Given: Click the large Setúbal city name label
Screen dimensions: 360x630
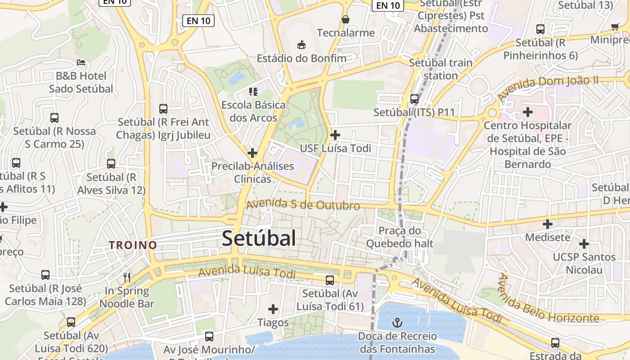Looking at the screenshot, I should [x=259, y=238].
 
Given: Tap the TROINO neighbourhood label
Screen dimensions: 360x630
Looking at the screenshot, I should [x=133, y=245].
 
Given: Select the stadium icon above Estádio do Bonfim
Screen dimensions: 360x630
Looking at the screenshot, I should [x=301, y=45].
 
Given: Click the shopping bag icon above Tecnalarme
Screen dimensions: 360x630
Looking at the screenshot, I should [x=346, y=19].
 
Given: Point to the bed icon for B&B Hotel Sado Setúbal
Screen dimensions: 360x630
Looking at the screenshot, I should [x=81, y=62].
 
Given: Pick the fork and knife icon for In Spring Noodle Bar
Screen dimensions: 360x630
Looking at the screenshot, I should [x=127, y=277].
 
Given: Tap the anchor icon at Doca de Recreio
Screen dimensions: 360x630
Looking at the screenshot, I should [x=397, y=322].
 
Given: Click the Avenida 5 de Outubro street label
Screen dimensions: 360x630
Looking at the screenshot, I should [x=303, y=205].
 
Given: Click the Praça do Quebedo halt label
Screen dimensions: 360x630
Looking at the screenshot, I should [x=400, y=237].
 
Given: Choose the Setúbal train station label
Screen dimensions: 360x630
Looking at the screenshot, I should [x=441, y=69].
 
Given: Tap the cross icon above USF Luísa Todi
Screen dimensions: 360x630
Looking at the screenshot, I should [x=335, y=135].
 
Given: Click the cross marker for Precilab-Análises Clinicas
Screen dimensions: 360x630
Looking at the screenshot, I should [x=252, y=153].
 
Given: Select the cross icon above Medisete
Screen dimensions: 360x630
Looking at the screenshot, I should [x=547, y=224].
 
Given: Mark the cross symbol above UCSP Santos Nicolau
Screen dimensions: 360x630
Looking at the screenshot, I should [x=584, y=244].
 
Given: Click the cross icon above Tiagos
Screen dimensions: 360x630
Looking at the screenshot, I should [x=273, y=309].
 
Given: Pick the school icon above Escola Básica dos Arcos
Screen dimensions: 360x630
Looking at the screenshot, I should [x=253, y=92].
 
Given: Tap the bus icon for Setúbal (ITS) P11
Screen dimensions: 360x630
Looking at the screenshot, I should [x=414, y=99].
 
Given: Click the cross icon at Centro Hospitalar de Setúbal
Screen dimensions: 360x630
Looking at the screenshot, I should [x=527, y=111].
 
